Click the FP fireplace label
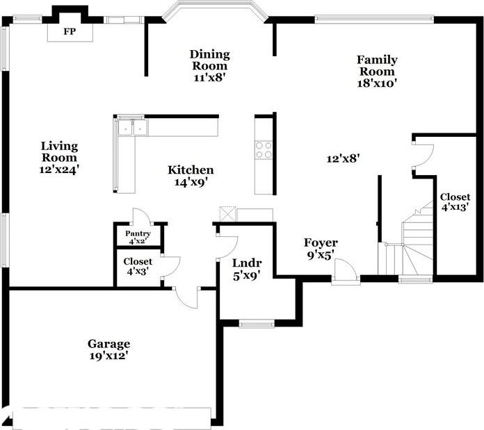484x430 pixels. (x=70, y=32)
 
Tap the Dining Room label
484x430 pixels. (x=210, y=60)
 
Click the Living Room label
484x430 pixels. (x=59, y=152)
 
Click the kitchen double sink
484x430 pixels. (x=132, y=128)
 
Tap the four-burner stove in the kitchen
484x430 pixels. (x=264, y=149)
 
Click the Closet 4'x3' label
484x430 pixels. (x=138, y=262)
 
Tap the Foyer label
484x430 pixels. (x=321, y=242)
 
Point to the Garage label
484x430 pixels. (x=108, y=343)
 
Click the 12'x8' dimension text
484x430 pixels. (x=344, y=158)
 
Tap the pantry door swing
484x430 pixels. (x=138, y=215)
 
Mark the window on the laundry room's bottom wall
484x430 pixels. (x=257, y=322)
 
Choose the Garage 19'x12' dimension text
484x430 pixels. (x=108, y=355)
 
